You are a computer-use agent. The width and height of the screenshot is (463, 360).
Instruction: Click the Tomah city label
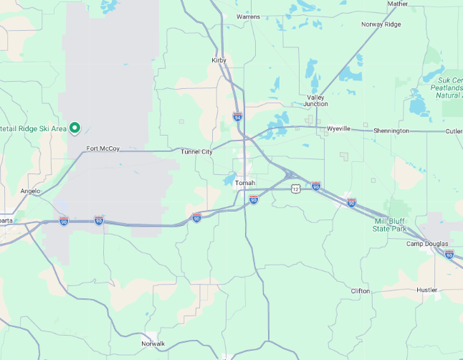[245, 183]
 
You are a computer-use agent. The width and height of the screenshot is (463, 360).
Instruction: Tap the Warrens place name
[248, 16]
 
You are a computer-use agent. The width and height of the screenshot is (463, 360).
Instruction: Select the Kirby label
[219, 60]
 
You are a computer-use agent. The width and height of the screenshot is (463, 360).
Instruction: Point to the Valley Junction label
[316, 100]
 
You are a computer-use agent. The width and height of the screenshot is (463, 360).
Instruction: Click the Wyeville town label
[338, 128]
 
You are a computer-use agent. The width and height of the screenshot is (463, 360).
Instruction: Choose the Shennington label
[391, 131]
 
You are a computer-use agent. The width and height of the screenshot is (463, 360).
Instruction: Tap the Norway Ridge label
[381, 24]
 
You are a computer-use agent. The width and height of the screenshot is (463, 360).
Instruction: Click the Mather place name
[398, 4]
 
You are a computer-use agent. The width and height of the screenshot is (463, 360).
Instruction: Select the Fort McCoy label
[103, 148]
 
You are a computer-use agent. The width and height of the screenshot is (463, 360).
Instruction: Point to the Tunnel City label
[196, 151]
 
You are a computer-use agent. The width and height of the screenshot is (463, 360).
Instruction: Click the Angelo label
[30, 191]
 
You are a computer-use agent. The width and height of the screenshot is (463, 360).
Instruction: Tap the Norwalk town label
[153, 344]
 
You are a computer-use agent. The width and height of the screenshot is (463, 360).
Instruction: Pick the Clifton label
[361, 291]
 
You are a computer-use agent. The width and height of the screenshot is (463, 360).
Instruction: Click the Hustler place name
[426, 290]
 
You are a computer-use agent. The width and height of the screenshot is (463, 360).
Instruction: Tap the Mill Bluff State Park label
[389, 225]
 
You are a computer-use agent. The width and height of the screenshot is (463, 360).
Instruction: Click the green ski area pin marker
[74, 128]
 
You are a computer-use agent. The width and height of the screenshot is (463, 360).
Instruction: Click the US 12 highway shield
[295, 189]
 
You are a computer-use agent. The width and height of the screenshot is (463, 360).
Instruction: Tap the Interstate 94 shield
[237, 116]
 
